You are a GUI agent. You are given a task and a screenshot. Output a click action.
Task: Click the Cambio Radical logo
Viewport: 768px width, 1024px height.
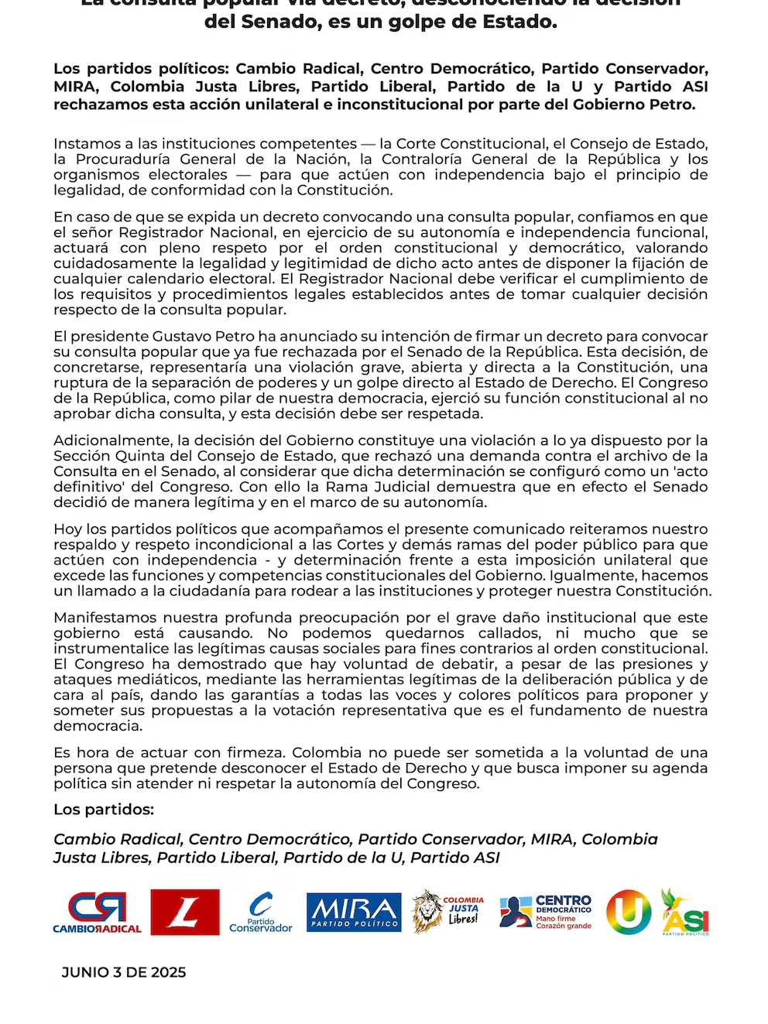click(x=97, y=912)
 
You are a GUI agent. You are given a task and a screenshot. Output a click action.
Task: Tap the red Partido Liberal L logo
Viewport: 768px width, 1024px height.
click(x=185, y=912)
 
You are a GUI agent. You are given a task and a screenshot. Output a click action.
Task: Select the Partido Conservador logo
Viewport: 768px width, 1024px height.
click(x=261, y=913)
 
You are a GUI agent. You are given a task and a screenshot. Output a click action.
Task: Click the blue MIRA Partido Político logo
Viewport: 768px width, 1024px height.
click(x=354, y=912)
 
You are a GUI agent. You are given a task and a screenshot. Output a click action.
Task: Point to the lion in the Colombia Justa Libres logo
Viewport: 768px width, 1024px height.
click(x=427, y=911)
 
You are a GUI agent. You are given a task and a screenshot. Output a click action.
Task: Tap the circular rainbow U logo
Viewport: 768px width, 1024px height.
click(x=628, y=911)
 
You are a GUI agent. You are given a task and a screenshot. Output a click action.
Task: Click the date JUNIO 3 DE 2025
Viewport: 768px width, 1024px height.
click(x=124, y=973)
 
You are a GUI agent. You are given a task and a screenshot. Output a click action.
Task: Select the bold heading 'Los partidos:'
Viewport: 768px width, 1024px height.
click(x=104, y=810)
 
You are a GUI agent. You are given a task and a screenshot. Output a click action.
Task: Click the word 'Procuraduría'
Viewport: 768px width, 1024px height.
click(x=122, y=159)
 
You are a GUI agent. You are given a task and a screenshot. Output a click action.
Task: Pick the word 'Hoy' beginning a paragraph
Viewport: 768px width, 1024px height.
click(x=67, y=529)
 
